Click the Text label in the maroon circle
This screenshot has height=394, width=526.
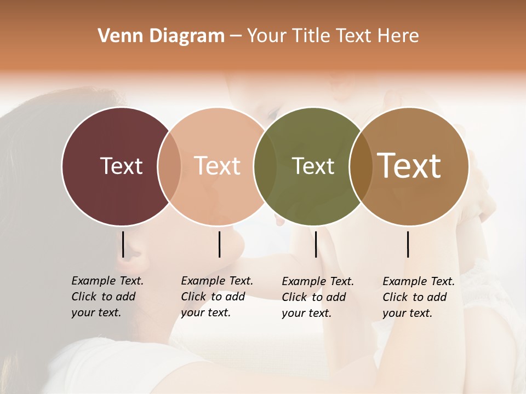click(x=121, y=166)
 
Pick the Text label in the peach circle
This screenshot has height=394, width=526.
click(x=217, y=166)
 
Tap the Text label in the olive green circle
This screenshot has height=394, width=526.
click(x=313, y=166)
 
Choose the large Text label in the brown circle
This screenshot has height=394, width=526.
click(x=409, y=166)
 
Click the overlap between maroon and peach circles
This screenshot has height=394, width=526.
click(x=169, y=166)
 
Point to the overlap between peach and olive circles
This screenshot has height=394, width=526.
click(x=265, y=166)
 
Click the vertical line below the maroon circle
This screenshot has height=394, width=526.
click(x=123, y=244)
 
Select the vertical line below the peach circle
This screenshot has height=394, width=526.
click(x=219, y=244)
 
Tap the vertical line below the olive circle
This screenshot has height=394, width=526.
click(x=316, y=244)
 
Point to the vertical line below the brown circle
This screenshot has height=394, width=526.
click(x=408, y=244)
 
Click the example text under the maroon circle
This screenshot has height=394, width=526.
click(x=107, y=297)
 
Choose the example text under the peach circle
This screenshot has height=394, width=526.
click(x=216, y=297)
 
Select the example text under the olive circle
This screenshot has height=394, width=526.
click(x=317, y=297)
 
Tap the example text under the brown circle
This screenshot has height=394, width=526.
click(x=418, y=297)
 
